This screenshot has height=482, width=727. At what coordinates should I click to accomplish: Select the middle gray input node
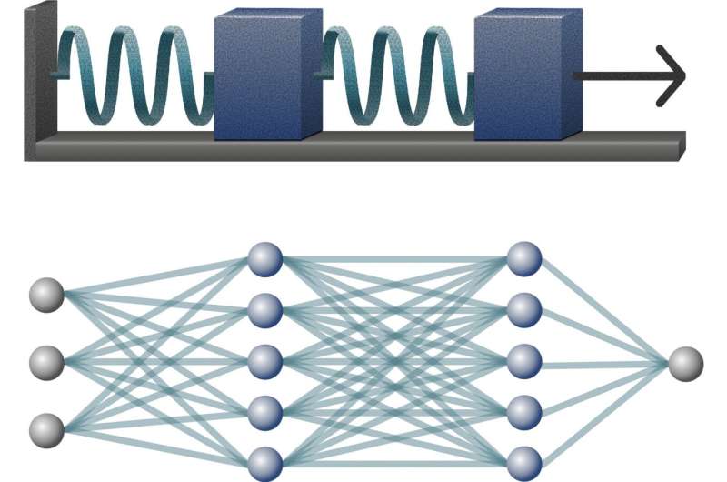pos(46,362)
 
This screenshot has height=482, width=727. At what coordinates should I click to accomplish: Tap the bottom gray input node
pos(46,428)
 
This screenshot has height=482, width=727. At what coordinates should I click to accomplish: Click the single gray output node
pos(686,364)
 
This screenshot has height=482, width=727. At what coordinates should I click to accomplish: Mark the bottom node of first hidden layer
pos(265,463)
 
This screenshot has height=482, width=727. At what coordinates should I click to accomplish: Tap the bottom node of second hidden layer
pos(524,462)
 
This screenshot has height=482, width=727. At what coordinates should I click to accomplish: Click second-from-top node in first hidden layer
pos(265,310)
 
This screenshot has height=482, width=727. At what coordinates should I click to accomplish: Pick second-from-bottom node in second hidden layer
pos(524,412)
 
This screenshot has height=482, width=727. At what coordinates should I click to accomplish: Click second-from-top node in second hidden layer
pos(524,310)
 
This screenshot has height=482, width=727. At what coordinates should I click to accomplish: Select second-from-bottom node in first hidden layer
pos(265,412)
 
